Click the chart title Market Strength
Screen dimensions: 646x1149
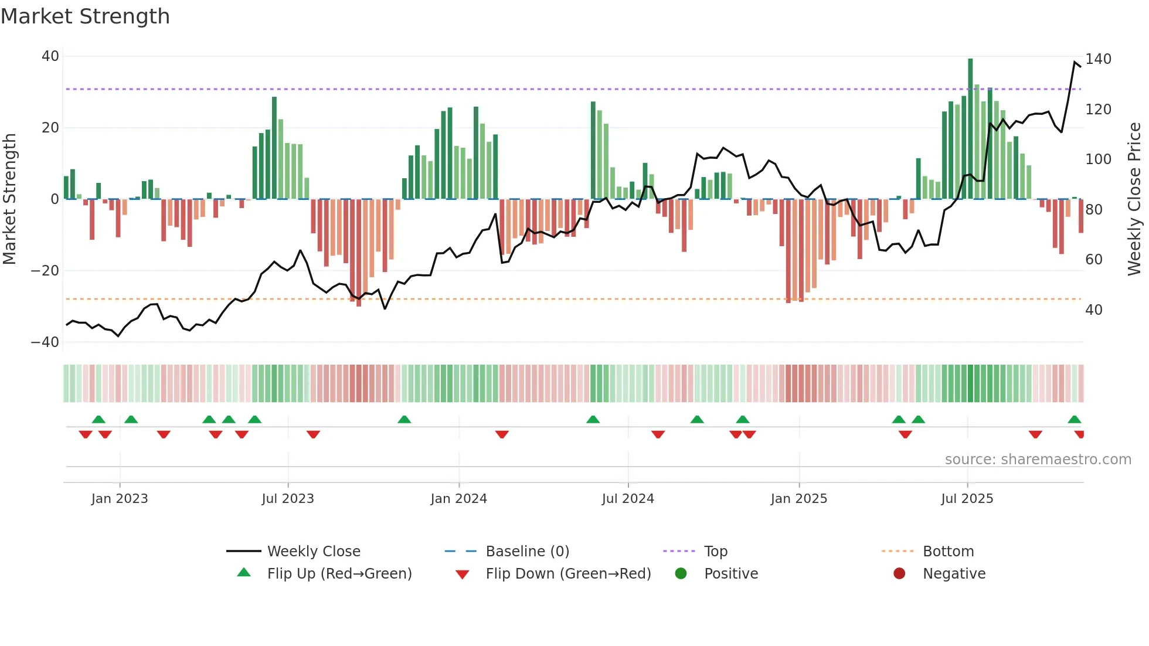tap(85, 16)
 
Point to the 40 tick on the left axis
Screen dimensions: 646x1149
tap(50, 56)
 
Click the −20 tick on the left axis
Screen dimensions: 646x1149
tap(45, 271)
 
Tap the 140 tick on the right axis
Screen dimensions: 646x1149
tap(1098, 59)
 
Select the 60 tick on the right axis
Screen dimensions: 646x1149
tap(1094, 260)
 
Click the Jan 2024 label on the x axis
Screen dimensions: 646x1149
tap(458, 499)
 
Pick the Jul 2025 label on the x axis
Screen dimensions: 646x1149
tap(967, 499)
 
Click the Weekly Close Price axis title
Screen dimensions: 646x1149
tap(1134, 199)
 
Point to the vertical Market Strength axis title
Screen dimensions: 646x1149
tap(9, 199)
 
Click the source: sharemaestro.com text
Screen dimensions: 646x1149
tap(1038, 460)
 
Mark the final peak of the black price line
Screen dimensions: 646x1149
tap(1075, 62)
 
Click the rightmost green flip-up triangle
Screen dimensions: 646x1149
tap(1074, 420)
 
